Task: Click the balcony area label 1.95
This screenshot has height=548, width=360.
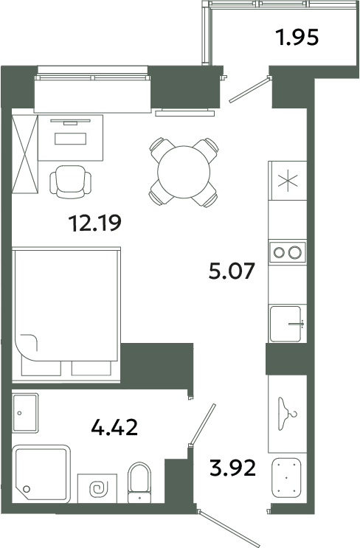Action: pos(297,38)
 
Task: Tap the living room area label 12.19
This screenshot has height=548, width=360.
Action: pos(95,223)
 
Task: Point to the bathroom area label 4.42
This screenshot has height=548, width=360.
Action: pos(114,427)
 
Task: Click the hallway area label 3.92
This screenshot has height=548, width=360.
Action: pos(233,468)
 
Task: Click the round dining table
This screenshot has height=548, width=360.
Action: pos(184,172)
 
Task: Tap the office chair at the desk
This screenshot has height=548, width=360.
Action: pos(71,181)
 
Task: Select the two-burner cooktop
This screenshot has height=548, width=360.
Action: pos(287,252)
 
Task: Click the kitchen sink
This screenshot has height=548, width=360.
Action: pos(286,324)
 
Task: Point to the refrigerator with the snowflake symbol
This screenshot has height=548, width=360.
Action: pos(287,181)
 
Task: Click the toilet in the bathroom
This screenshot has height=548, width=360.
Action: pos(139,482)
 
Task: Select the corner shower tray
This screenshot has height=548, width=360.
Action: pos(41,474)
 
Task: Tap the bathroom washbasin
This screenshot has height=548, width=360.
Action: pos(25,413)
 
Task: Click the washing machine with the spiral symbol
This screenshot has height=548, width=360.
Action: pos(97,488)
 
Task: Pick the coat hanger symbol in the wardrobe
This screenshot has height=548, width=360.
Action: pos(287,414)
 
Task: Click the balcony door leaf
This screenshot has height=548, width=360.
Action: pos(250,90)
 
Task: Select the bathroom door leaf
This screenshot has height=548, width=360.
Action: pos(202,425)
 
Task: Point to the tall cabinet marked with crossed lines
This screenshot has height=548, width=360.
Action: pos(25,154)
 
